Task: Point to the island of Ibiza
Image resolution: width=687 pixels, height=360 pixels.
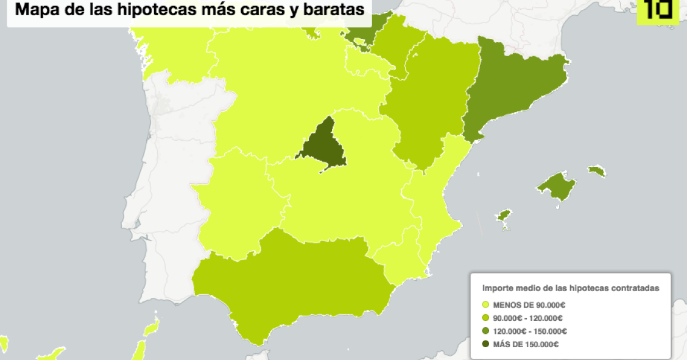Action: pyautogui.click(x=504, y=216)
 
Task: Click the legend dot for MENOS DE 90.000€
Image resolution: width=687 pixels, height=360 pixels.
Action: pyautogui.click(x=485, y=305)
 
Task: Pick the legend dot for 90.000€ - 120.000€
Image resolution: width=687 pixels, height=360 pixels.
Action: pyautogui.click(x=485, y=318)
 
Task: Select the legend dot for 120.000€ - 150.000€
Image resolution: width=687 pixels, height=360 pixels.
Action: pyautogui.click(x=485, y=331)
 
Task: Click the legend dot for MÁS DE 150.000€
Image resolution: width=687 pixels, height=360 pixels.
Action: pyautogui.click(x=485, y=345)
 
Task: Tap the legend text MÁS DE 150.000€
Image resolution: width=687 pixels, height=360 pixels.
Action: pyautogui.click(x=526, y=345)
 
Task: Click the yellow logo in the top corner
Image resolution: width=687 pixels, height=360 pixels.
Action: pyautogui.click(x=657, y=10)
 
